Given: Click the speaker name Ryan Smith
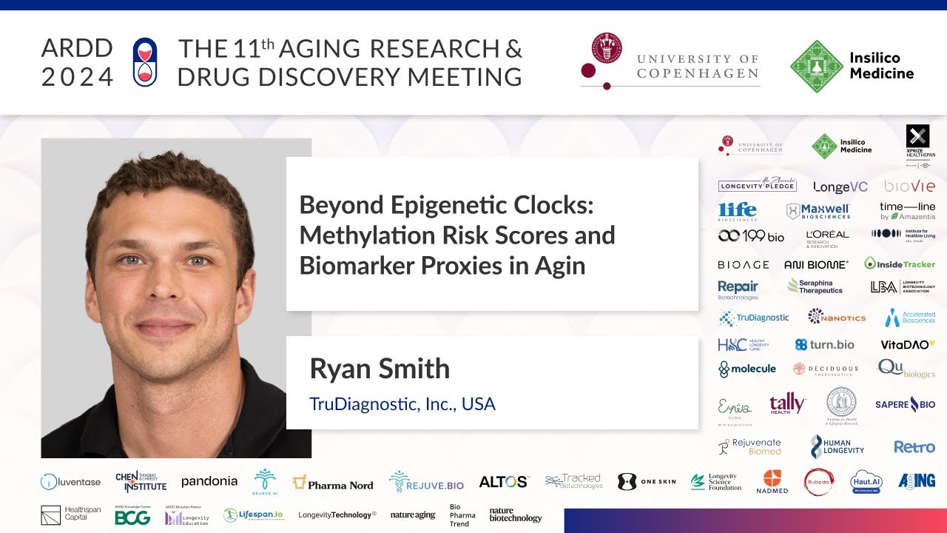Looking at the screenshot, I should click(380, 368).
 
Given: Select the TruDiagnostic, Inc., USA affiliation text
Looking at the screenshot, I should click(402, 404).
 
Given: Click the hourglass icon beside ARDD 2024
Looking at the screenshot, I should click(145, 61).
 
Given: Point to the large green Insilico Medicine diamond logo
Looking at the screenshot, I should click(816, 66).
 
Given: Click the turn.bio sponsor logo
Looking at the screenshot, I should click(824, 344).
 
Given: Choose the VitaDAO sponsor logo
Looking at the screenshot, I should click(908, 344).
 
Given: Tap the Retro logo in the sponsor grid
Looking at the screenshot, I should click(914, 446).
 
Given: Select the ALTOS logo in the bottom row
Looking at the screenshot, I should click(503, 482).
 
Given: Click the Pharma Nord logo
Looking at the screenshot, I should click(333, 483).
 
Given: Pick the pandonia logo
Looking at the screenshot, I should click(209, 481).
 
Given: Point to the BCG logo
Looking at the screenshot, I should click(132, 517).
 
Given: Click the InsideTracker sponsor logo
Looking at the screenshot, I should click(900, 264).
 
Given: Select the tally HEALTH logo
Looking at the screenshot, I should click(787, 403).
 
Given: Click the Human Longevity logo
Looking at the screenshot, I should click(837, 446).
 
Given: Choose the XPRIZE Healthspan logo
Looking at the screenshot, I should click(917, 141).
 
